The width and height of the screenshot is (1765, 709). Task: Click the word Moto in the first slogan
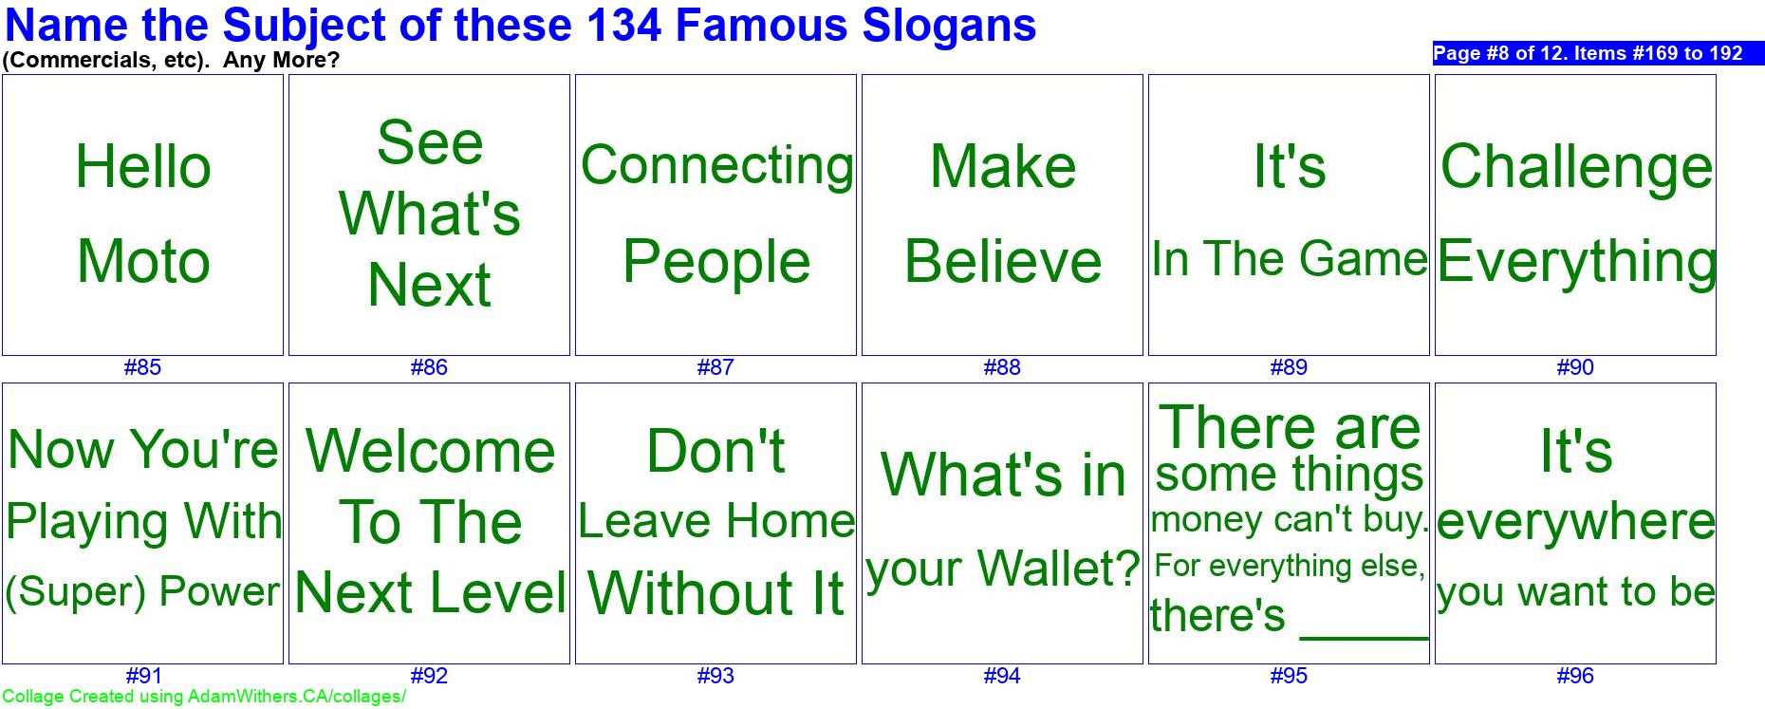click(143, 261)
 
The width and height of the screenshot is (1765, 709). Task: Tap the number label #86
click(429, 367)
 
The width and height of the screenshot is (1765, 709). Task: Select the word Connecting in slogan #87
click(716, 166)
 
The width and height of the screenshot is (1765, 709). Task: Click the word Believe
click(1003, 261)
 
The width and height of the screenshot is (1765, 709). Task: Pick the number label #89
click(1289, 367)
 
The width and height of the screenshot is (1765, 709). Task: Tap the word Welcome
click(430, 451)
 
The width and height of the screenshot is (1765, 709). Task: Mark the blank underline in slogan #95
click(1364, 637)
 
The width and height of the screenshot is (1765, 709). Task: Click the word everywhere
click(1576, 521)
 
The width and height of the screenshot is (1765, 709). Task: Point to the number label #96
click(1575, 676)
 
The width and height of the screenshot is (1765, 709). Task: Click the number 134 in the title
click(623, 25)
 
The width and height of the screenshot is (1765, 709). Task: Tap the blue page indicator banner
click(1598, 53)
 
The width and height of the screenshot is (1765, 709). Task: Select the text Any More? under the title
click(281, 60)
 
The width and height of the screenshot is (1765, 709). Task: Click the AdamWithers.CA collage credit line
click(204, 697)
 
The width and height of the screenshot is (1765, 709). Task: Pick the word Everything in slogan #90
click(1576, 262)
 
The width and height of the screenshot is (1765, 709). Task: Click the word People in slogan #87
click(716, 262)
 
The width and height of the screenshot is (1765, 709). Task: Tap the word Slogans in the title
click(949, 26)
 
